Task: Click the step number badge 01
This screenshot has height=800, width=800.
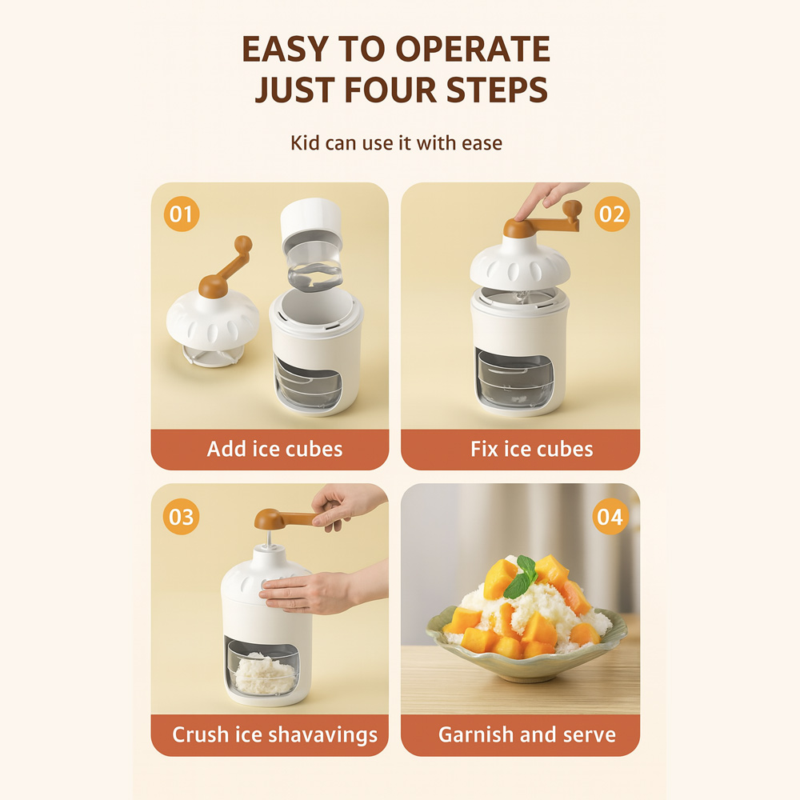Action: tap(181, 214)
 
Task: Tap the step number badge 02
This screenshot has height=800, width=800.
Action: tap(612, 214)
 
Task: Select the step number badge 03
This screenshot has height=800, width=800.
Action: tap(181, 517)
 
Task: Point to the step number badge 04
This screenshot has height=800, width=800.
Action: tap(610, 517)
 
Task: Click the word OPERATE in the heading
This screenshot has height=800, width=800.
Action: tap(473, 50)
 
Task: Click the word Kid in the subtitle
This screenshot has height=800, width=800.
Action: tap(305, 143)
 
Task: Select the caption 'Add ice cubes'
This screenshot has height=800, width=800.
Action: tap(274, 449)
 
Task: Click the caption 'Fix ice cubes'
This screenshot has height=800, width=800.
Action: tap(532, 449)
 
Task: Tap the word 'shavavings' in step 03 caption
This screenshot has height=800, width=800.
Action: tap(322, 735)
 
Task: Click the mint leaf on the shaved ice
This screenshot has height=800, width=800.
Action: tap(522, 578)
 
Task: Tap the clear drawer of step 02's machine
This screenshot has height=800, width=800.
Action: tap(514, 378)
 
